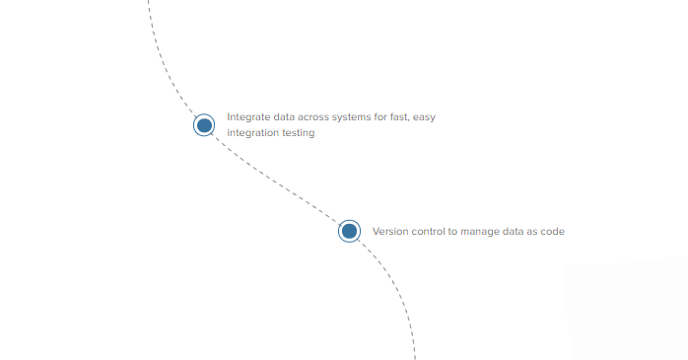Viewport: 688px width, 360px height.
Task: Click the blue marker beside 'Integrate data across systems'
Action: tap(204, 125)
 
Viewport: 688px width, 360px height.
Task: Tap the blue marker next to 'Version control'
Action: tap(349, 231)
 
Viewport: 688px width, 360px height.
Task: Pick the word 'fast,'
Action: tap(396, 116)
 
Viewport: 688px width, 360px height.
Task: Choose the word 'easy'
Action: tap(425, 116)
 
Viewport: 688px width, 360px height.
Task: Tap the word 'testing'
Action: tap(299, 133)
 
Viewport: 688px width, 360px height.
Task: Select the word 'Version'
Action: tap(390, 232)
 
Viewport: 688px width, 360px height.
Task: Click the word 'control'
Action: tap(429, 232)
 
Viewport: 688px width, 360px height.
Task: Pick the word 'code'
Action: tap(553, 232)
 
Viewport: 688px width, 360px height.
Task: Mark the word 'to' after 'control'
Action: tap(453, 232)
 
